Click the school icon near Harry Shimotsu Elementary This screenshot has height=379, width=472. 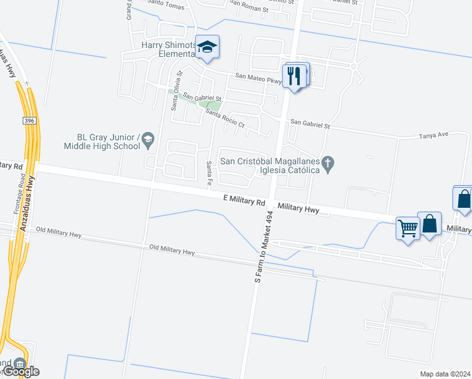coord(207,47)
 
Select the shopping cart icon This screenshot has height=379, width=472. coord(408,227)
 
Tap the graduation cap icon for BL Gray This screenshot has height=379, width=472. coord(148,140)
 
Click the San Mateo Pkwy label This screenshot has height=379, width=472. coord(259,78)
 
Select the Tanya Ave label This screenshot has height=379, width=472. coord(434,135)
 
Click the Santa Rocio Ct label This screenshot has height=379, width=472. coord(225,118)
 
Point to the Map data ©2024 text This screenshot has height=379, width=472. coord(444,374)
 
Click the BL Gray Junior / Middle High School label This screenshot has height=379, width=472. coord(101,141)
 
